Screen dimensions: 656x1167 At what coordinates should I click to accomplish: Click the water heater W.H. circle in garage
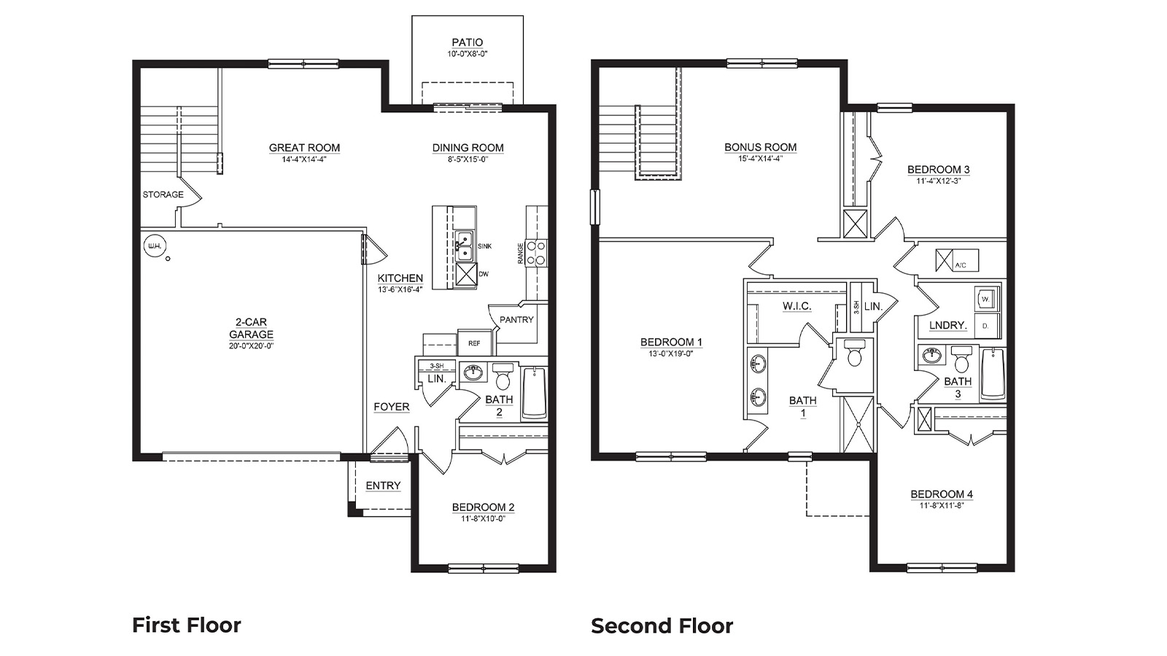(154, 246)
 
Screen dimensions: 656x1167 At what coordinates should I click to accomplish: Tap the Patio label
(467, 43)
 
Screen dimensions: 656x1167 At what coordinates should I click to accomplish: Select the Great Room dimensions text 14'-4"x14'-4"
(304, 159)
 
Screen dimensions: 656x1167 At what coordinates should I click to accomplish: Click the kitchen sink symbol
(463, 246)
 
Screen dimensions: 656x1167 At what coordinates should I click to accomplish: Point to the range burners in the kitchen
(536, 252)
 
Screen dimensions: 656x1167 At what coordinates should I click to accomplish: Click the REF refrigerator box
(474, 343)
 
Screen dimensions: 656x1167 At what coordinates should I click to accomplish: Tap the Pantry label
(516, 319)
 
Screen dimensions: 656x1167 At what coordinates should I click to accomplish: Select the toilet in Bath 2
(503, 378)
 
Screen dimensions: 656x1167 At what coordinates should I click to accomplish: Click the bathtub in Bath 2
(534, 394)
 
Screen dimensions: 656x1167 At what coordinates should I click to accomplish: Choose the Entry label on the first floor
(383, 485)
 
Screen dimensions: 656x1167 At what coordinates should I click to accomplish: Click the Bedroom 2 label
(483, 507)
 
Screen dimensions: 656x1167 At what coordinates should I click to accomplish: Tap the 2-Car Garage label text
(251, 328)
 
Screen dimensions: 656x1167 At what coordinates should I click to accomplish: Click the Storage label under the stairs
(163, 195)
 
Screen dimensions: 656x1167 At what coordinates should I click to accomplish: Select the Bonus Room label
(760, 147)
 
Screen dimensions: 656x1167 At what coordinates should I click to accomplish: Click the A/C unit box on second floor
(957, 260)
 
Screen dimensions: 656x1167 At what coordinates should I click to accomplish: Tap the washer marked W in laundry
(985, 299)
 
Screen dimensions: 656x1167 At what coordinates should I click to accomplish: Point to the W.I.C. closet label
(796, 306)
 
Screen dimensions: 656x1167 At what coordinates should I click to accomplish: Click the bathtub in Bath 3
(992, 375)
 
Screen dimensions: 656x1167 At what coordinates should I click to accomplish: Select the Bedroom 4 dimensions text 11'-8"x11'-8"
(941, 505)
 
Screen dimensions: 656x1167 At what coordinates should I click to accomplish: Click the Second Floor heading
(662, 626)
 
